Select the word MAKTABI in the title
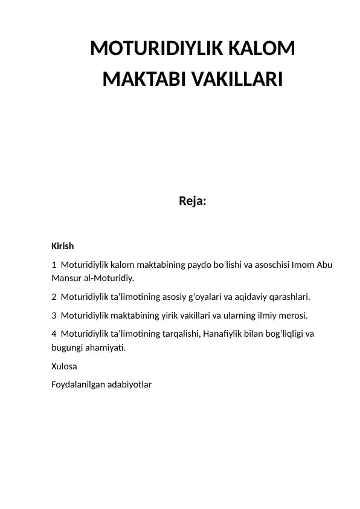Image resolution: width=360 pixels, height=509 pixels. click(x=140, y=79)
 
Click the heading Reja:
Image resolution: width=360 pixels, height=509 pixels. click(x=192, y=201)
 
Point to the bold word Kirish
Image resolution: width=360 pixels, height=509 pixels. click(x=63, y=246)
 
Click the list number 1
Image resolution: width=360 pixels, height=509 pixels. click(x=54, y=265)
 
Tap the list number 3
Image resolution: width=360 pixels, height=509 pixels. click(x=54, y=315)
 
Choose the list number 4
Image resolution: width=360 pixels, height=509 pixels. click(x=54, y=334)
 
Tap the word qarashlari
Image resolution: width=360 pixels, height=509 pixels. click(x=288, y=297)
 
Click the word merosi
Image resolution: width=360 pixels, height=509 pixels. click(x=292, y=315)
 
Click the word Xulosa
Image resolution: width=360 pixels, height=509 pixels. click(x=65, y=366)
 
